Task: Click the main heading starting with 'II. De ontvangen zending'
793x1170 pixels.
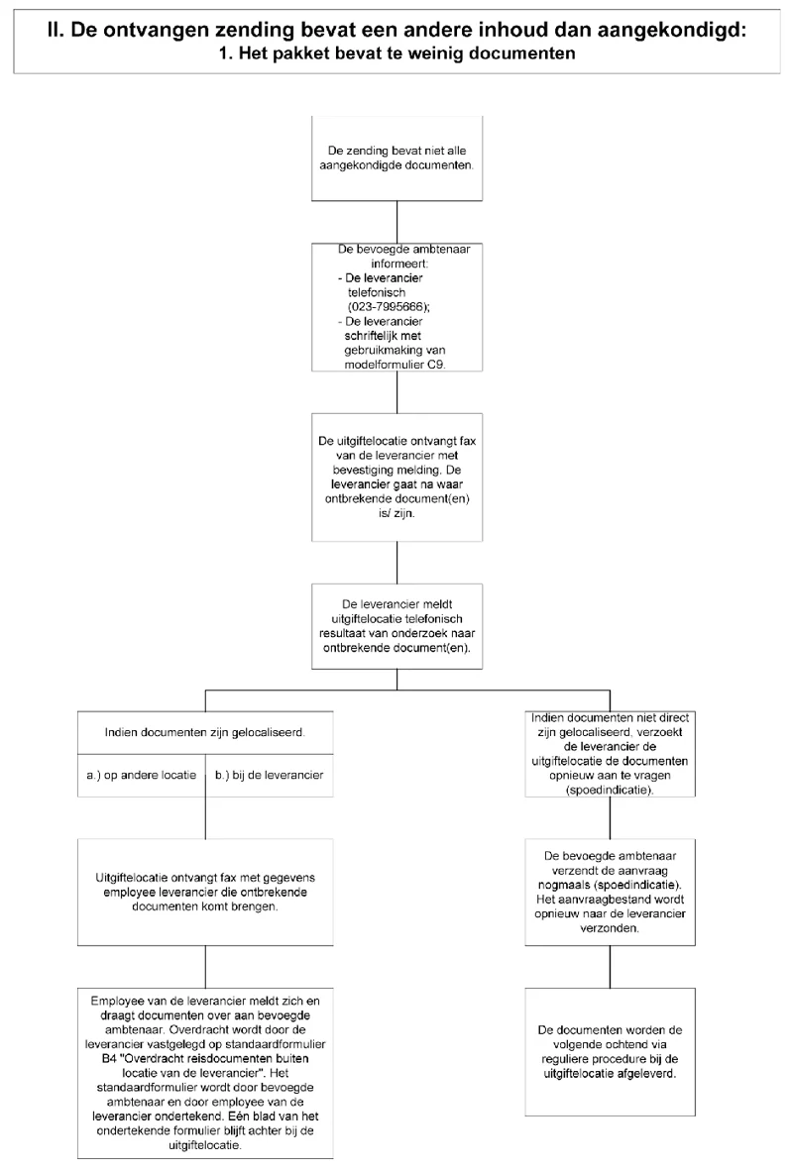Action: pyautogui.click(x=396, y=31)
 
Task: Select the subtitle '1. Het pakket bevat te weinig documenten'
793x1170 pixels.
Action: pyautogui.click(x=396, y=53)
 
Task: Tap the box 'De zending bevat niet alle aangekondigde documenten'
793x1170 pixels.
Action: pyautogui.click(x=396, y=159)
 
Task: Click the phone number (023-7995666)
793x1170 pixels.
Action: pyautogui.click(x=389, y=307)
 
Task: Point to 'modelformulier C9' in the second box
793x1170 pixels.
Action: pyautogui.click(x=395, y=365)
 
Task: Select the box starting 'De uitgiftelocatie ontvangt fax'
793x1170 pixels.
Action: pyautogui.click(x=396, y=477)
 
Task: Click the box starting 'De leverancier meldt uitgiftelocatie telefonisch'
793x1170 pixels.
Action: pyautogui.click(x=396, y=626)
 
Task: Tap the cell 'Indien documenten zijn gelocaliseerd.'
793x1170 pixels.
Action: pyautogui.click(x=205, y=732)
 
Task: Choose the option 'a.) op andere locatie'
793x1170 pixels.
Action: pyautogui.click(x=141, y=776)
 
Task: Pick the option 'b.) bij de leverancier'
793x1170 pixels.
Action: pyautogui.click(x=270, y=776)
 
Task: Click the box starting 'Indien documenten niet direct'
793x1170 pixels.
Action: pyautogui.click(x=610, y=754)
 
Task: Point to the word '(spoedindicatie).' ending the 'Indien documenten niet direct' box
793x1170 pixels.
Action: pyautogui.click(x=610, y=790)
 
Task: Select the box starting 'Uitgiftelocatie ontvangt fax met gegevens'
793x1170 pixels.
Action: pyautogui.click(x=205, y=893)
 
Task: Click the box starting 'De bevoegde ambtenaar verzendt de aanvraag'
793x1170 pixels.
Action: pyautogui.click(x=610, y=893)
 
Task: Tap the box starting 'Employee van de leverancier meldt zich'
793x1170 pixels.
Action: pyautogui.click(x=205, y=1073)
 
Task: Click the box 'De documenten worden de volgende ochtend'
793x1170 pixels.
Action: pyautogui.click(x=610, y=1052)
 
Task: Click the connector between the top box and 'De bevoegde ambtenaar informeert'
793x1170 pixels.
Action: pyautogui.click(x=396, y=222)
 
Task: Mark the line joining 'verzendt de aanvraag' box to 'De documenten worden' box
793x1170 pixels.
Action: pyautogui.click(x=610, y=967)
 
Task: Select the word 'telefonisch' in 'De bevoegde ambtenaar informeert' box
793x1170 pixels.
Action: pyautogui.click(x=377, y=292)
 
